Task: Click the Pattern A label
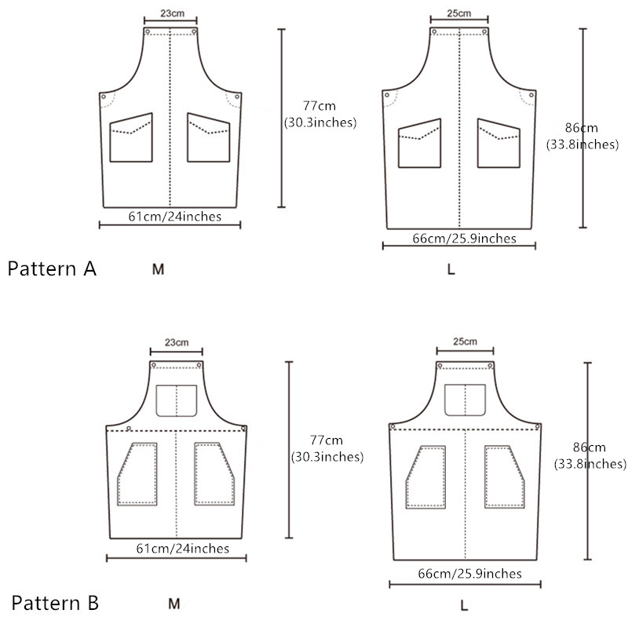click(52, 268)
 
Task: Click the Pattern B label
click(55, 603)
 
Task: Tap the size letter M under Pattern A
click(159, 269)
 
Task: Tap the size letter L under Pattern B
click(464, 605)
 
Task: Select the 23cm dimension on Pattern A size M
click(172, 13)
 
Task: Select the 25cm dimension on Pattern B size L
click(465, 341)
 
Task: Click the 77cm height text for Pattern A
click(319, 106)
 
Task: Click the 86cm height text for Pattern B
click(590, 447)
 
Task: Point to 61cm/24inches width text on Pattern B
click(183, 548)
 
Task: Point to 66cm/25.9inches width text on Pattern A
click(464, 239)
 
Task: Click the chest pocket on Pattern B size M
click(176, 401)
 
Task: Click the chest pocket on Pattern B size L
click(465, 400)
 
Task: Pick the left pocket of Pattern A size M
click(131, 137)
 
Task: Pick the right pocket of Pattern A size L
click(498, 143)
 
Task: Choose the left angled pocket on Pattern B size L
click(425, 477)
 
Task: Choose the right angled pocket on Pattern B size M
click(214, 474)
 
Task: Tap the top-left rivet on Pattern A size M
click(148, 31)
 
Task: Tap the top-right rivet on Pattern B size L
click(490, 366)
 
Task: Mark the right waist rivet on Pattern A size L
click(531, 95)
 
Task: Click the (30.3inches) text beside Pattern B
click(327, 457)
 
